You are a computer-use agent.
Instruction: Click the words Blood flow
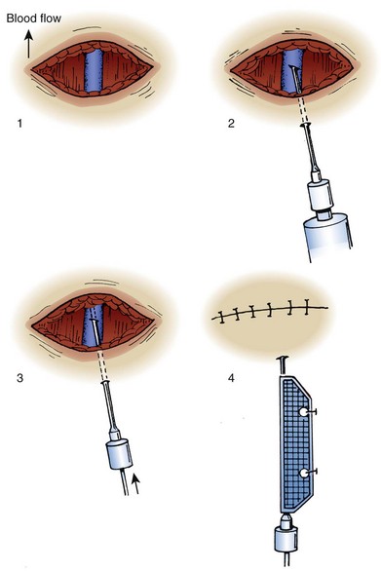click(x=34, y=19)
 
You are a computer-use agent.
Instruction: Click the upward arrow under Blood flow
click(x=28, y=44)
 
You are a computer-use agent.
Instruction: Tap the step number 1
click(x=19, y=124)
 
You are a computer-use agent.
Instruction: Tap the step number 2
click(x=231, y=124)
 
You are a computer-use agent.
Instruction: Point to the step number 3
click(x=19, y=378)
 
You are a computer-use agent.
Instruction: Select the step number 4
click(x=231, y=378)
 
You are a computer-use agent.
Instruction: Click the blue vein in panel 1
click(x=94, y=71)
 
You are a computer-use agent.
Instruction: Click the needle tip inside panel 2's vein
click(x=292, y=67)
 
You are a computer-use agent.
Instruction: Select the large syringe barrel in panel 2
click(x=327, y=239)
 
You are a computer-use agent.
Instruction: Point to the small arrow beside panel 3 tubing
click(x=135, y=483)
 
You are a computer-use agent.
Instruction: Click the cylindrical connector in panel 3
click(x=119, y=454)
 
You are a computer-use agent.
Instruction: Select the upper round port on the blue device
click(x=303, y=412)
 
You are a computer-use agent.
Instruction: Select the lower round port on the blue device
click(x=303, y=473)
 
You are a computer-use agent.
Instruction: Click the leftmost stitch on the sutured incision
click(x=221, y=317)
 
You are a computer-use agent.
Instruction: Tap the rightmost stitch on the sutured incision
click(x=307, y=307)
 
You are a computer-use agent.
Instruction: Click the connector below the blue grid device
click(x=286, y=536)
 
